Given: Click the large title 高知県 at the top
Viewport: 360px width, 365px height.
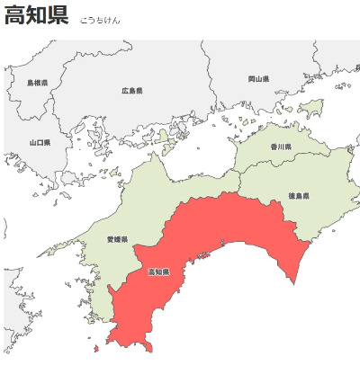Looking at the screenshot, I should [x=36, y=16].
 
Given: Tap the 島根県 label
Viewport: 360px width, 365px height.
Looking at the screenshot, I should [x=37, y=83].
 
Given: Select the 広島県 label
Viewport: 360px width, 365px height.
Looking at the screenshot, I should [x=132, y=90].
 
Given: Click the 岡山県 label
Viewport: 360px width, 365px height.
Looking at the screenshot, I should [x=258, y=79].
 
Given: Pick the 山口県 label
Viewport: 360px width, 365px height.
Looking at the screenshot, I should [x=40, y=142].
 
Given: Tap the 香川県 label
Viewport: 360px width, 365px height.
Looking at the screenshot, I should [x=281, y=146].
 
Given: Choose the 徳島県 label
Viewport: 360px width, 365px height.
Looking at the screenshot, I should [x=300, y=195].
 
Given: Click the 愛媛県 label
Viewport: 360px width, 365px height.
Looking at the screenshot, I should [x=117, y=240].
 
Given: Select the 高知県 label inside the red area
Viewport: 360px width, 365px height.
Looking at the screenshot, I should [x=158, y=271].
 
